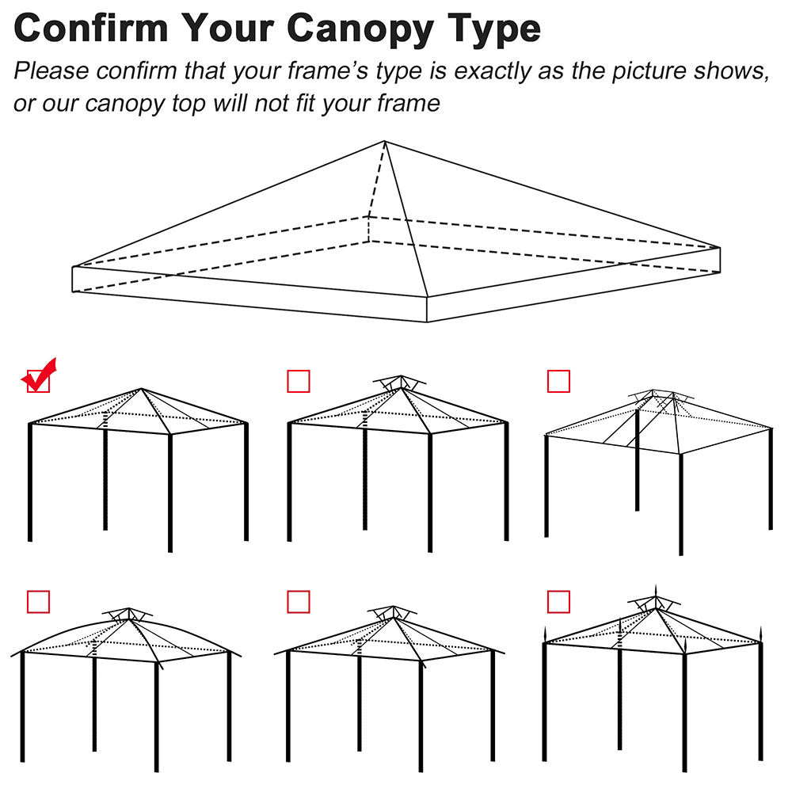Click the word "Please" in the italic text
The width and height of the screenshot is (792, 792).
pos(51,71)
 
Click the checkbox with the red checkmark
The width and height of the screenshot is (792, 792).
pos(38,381)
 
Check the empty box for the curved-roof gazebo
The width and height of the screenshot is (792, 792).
pos(38,602)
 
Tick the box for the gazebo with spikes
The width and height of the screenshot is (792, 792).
pos(558,602)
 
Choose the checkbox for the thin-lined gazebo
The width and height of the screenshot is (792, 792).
pos(558,382)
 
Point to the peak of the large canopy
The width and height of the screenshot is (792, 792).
pos(385,142)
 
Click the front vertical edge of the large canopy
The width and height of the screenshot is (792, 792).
pos(427,310)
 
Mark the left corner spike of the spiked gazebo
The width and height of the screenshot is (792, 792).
pos(544,634)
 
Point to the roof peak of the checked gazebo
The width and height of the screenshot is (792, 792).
pos(142,389)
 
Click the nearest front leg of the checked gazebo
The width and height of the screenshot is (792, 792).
pos(169,491)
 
